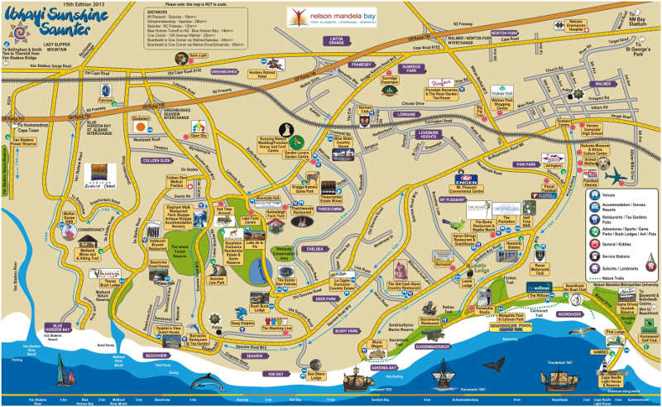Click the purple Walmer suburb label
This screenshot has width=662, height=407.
click(602, 84)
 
